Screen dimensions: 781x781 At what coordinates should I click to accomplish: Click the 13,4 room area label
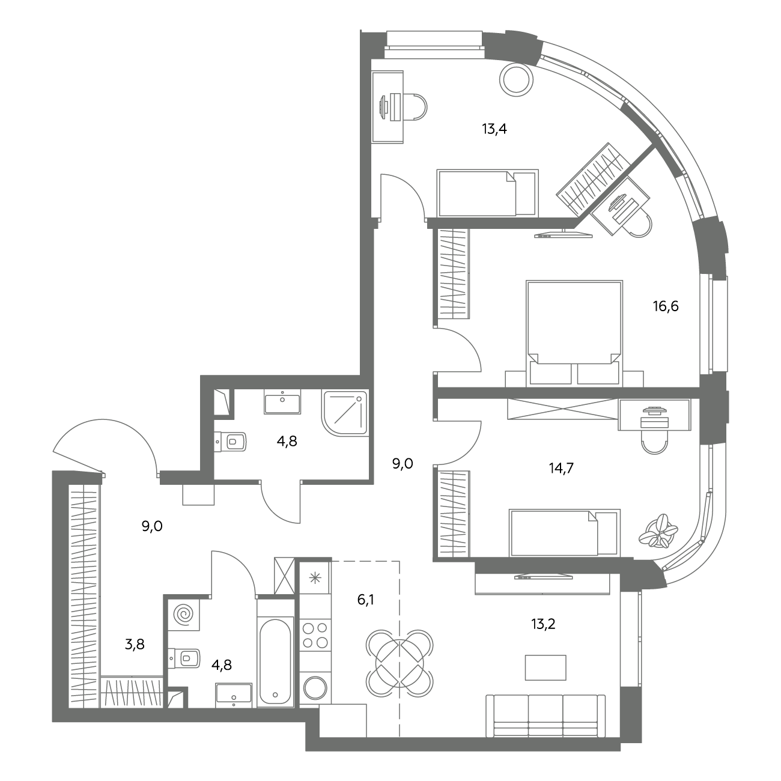tap(494, 129)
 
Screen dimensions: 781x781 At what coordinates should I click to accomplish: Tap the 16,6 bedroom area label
tap(666, 306)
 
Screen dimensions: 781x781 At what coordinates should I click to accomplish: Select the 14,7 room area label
tap(561, 469)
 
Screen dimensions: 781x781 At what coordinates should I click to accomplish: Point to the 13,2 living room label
tap(543, 624)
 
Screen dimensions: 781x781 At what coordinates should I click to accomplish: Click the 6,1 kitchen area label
tap(365, 600)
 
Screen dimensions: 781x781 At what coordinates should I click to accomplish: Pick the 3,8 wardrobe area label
tap(135, 644)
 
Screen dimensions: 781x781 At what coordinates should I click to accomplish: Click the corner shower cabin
tap(345, 413)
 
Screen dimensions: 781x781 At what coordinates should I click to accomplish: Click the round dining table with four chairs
tap(400, 663)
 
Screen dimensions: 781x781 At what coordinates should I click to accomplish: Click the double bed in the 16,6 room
tap(574, 333)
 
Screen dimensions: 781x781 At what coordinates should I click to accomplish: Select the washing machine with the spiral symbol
tap(184, 614)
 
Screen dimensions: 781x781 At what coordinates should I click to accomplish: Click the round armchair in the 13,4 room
tap(516, 79)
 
